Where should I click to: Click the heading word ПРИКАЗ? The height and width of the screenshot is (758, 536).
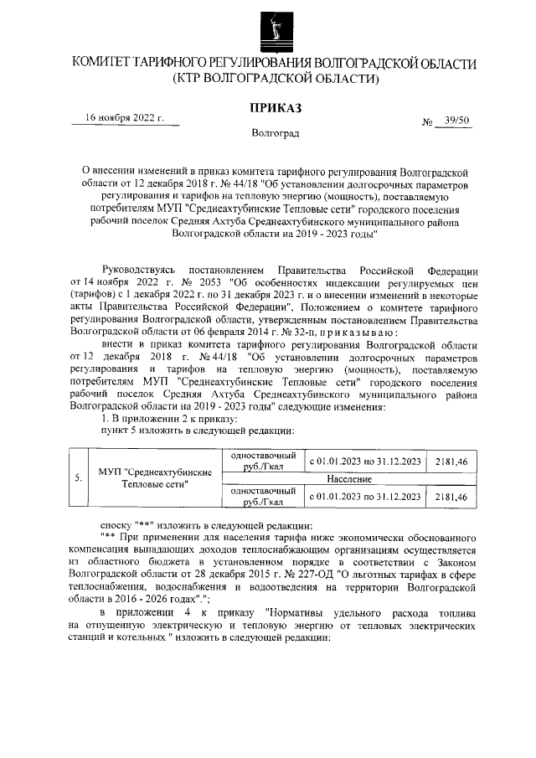tap(276, 107)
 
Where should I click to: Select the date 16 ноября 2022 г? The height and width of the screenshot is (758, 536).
tap(129, 119)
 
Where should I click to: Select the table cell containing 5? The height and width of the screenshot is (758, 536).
tap(78, 478)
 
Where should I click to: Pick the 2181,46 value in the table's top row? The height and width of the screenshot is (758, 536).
tap(451, 460)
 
